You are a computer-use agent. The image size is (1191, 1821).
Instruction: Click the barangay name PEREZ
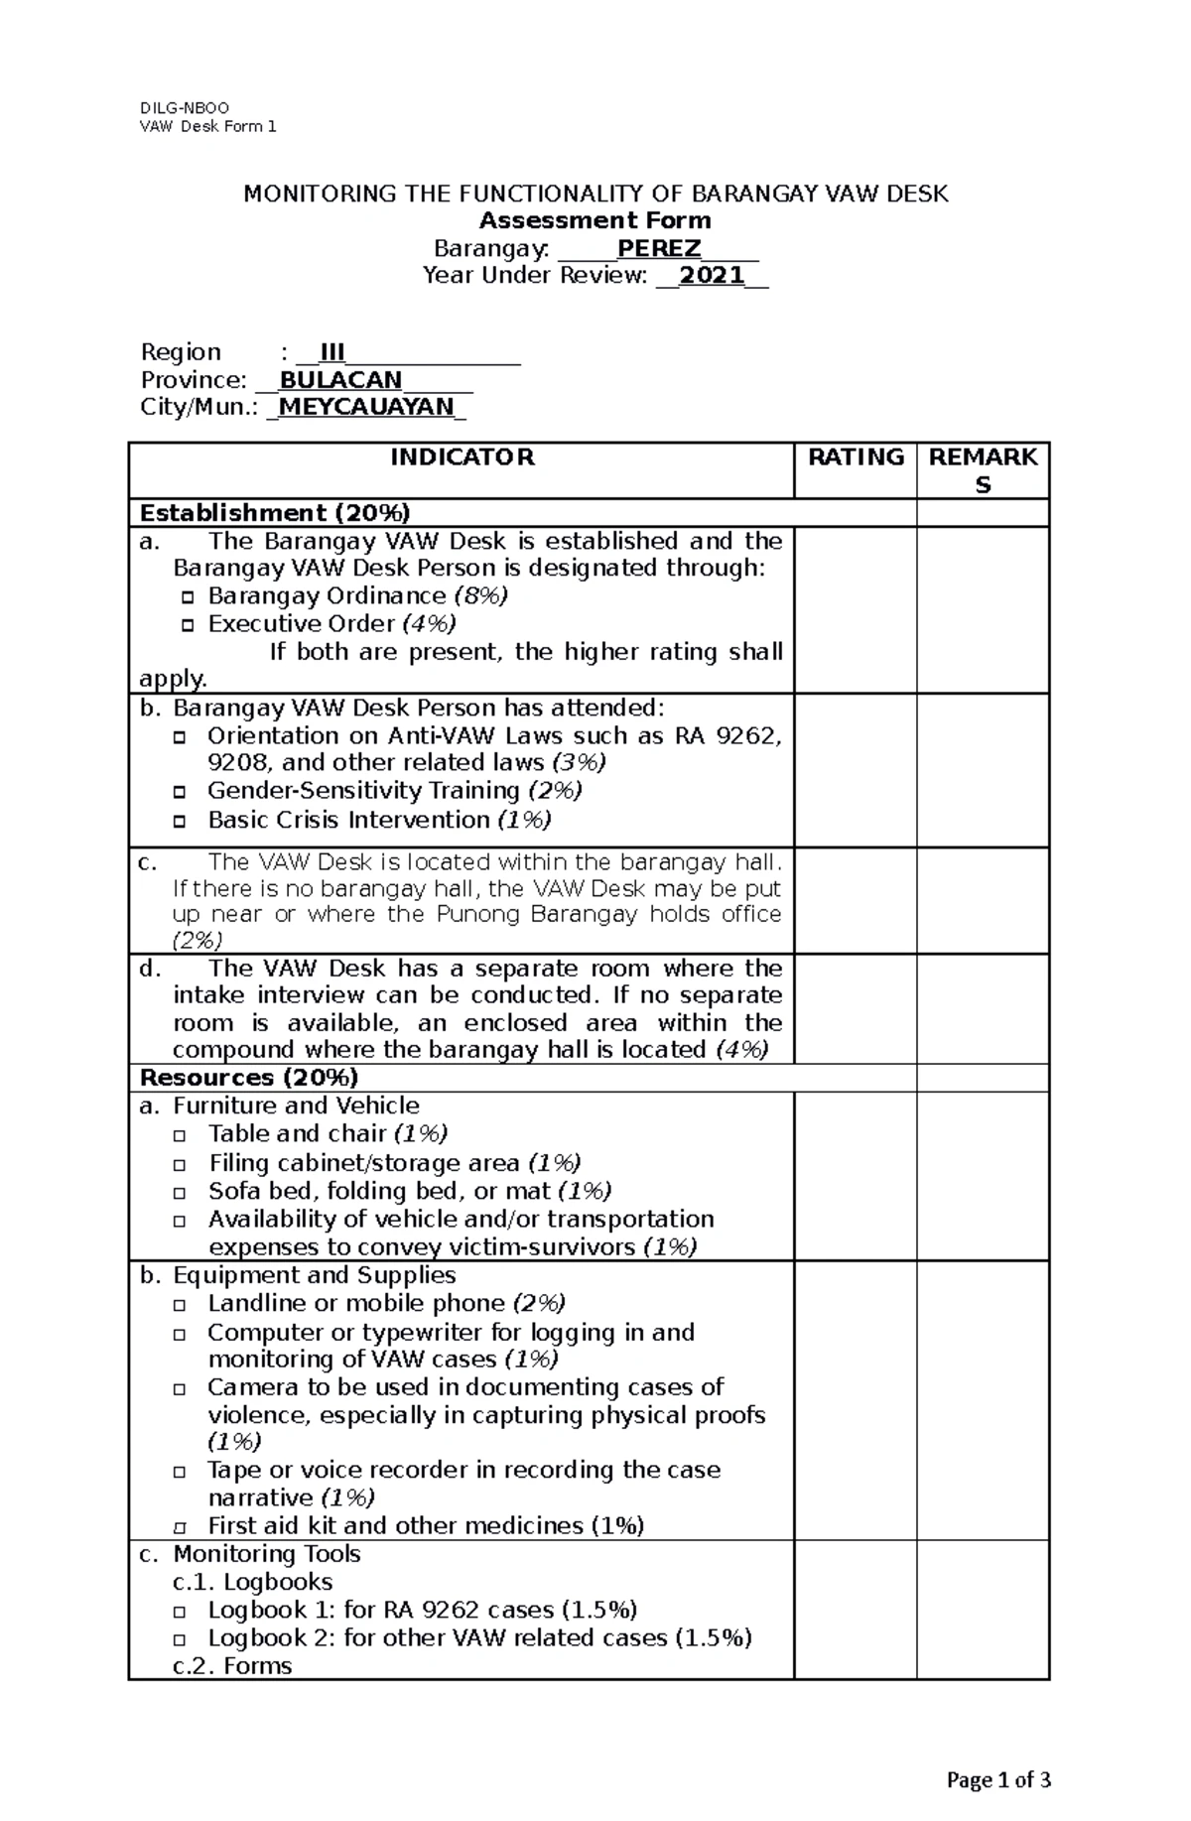point(659,248)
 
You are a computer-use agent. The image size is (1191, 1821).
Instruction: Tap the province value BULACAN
point(340,380)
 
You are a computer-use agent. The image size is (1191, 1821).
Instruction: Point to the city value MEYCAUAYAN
point(366,407)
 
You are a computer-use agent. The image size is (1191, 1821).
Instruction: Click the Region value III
point(331,352)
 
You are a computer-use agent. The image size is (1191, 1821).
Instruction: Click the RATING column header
point(855,456)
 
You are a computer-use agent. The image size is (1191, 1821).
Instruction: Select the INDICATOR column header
point(462,456)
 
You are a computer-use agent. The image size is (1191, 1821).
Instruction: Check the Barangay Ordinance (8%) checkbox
point(188,598)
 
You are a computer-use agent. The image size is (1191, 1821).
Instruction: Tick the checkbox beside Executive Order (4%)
point(188,626)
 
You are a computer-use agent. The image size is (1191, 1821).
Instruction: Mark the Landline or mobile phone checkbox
point(179,1306)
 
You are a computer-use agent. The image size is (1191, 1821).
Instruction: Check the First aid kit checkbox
point(179,1528)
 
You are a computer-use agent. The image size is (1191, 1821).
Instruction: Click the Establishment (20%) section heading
point(275,513)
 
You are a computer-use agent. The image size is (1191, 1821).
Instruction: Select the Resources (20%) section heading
point(249,1078)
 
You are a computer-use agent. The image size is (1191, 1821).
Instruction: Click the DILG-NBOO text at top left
point(185,108)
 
